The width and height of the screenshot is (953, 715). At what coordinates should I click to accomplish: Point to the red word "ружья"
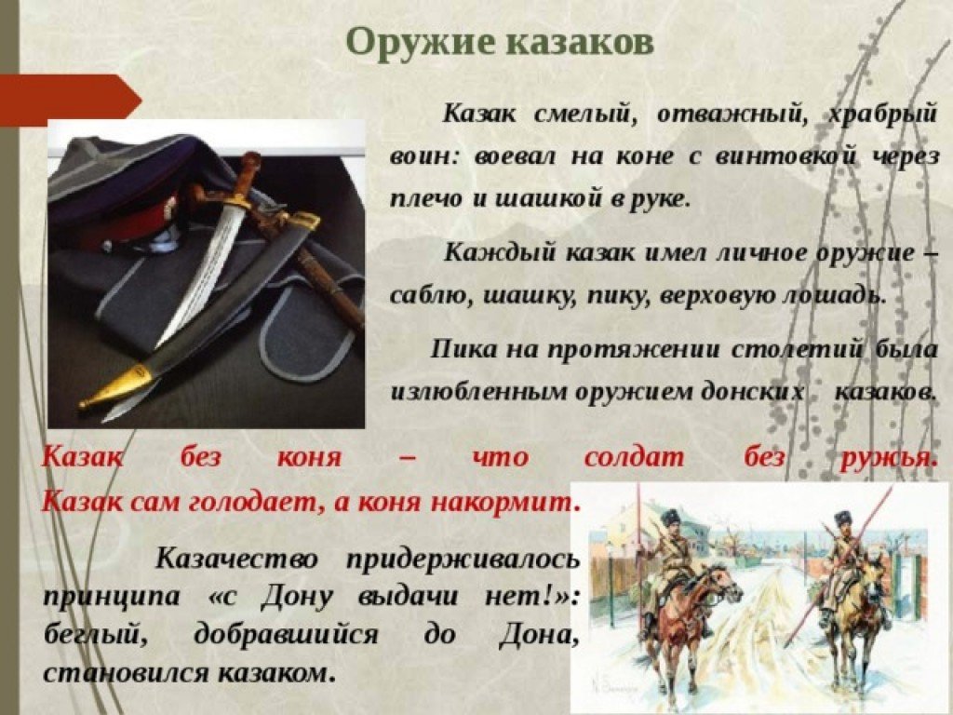tap(887, 458)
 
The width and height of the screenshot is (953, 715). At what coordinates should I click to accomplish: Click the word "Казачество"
tap(236, 558)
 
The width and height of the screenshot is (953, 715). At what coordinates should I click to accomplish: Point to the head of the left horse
tap(726, 583)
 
